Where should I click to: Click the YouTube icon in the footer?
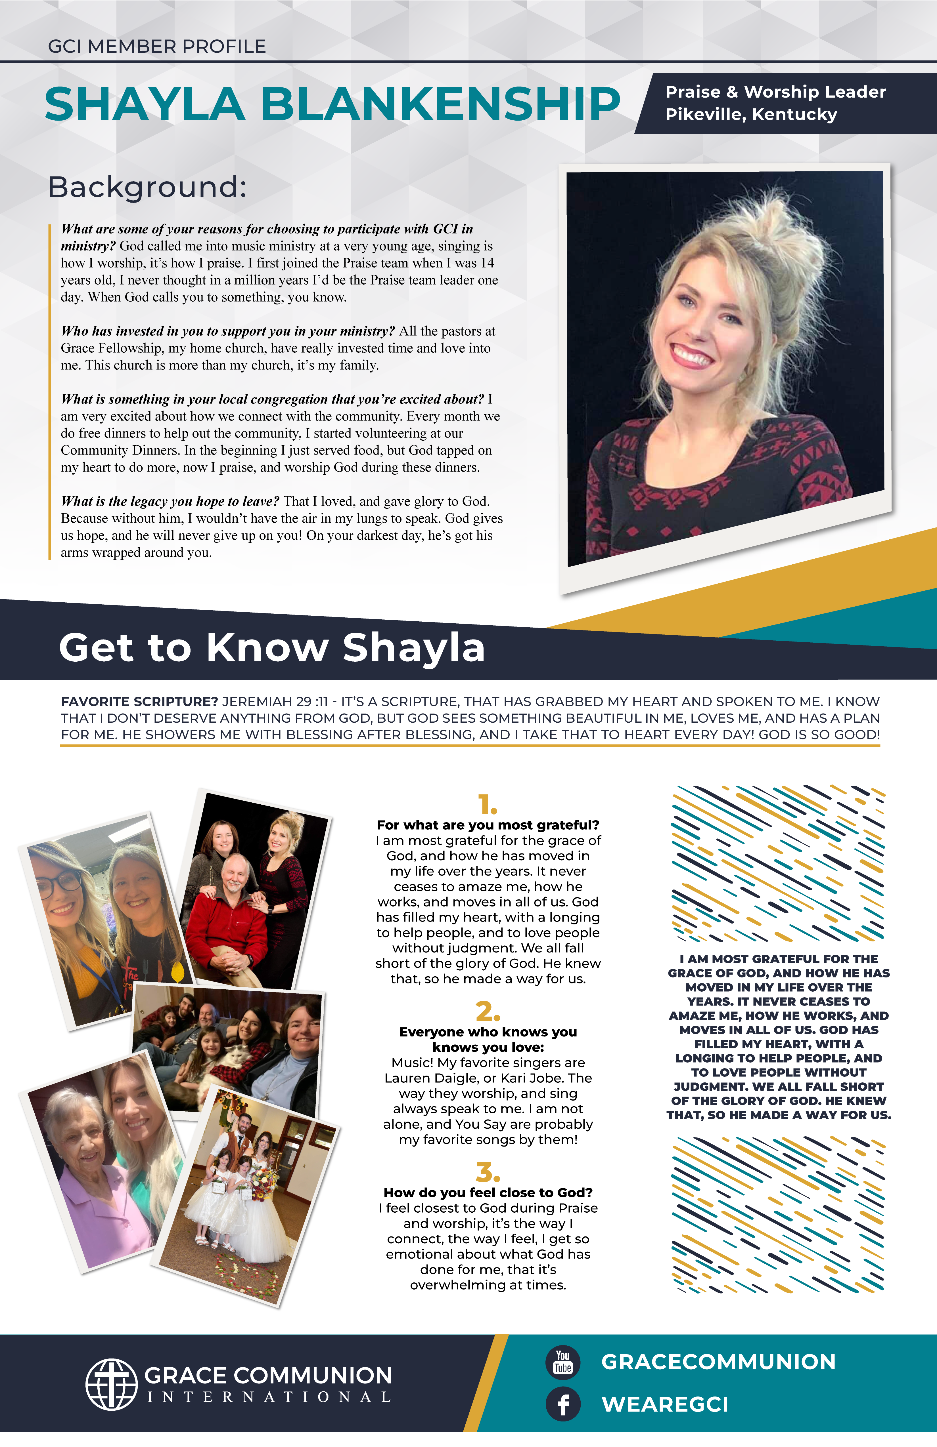563,1362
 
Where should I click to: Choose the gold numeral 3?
487,1172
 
